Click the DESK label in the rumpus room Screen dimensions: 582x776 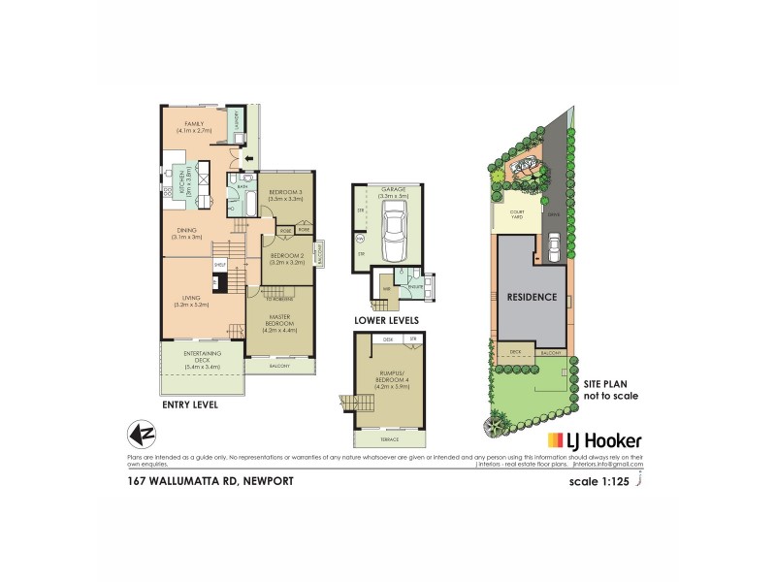[x=387, y=339]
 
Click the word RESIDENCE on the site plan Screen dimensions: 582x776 [x=531, y=297]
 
